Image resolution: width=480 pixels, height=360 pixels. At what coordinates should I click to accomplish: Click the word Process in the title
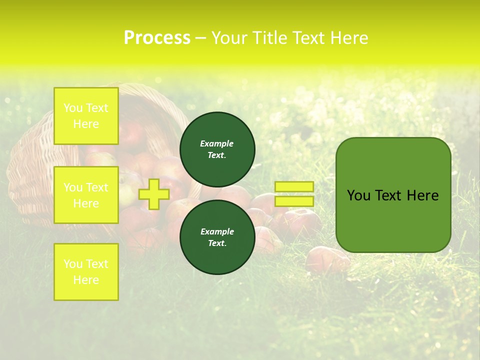[157, 37]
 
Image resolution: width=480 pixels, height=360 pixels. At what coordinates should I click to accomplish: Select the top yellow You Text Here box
[86, 116]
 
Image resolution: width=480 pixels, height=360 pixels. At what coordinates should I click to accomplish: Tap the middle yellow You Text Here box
[86, 195]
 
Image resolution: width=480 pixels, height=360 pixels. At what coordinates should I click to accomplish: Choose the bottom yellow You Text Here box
[86, 271]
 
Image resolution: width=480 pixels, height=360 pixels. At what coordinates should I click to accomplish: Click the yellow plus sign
[154, 194]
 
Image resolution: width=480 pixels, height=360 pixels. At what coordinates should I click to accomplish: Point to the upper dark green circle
[217, 149]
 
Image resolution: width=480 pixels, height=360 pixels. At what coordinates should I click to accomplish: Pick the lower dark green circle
[217, 237]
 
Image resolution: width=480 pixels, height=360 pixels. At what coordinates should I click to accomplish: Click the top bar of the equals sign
[294, 186]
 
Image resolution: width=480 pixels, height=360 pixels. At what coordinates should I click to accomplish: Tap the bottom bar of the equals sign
[294, 201]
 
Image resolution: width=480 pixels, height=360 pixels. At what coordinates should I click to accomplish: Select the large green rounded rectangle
[393, 195]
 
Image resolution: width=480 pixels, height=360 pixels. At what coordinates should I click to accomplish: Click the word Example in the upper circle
[217, 143]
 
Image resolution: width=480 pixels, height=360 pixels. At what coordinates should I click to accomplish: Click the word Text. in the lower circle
[217, 243]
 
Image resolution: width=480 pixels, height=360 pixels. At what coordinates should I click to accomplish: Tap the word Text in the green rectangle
[387, 195]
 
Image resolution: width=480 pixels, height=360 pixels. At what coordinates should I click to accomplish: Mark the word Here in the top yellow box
[86, 124]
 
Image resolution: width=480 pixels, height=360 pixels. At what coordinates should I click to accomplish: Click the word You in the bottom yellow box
[73, 263]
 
